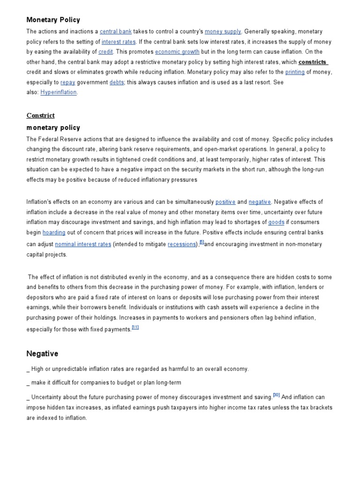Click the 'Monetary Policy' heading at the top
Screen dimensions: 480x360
click(53, 20)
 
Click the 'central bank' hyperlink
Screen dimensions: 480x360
click(115, 31)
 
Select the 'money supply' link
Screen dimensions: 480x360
click(223, 31)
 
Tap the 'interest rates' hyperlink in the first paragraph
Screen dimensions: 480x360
click(119, 42)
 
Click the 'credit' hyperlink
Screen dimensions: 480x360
click(105, 52)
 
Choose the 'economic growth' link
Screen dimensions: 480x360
click(177, 52)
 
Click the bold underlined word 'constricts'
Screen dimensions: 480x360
click(313, 62)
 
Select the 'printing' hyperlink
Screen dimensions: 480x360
click(295, 72)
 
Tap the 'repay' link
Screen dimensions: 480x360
click(67, 82)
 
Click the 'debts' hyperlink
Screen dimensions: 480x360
click(117, 82)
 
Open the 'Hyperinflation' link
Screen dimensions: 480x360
click(59, 92)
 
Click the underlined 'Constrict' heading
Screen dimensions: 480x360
click(40, 115)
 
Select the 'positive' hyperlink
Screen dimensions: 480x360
click(225, 202)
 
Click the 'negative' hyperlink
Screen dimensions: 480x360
click(260, 202)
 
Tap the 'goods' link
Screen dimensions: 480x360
click(276, 222)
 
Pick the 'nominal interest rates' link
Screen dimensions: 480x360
click(83, 244)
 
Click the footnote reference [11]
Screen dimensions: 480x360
click(135, 328)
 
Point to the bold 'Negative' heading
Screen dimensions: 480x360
click(42, 353)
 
